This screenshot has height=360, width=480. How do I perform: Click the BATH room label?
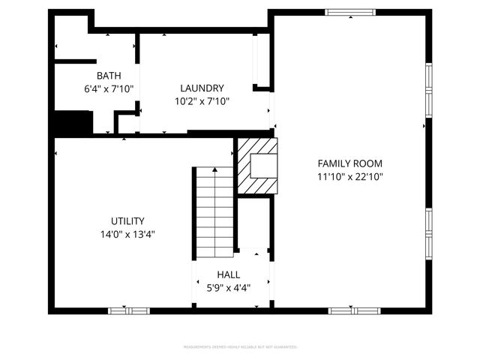[108, 75]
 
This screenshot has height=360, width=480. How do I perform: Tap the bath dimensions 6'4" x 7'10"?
[108, 88]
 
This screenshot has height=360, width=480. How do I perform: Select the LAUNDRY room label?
[202, 88]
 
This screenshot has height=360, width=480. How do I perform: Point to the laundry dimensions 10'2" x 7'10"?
[202, 101]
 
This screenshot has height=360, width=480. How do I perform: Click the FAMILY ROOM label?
[350, 163]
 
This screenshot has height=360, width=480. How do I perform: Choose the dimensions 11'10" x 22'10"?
[350, 177]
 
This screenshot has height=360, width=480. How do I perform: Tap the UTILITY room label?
[127, 220]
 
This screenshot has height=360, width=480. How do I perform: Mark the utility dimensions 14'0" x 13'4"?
[127, 234]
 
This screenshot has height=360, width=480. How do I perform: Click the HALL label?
[229, 274]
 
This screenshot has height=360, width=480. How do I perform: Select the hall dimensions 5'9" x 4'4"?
[229, 288]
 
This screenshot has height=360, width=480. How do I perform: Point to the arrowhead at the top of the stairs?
[215, 170]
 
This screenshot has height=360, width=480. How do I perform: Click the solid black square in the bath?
[72, 122]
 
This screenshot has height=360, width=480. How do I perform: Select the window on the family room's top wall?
[349, 12]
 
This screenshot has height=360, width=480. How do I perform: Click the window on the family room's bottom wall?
[354, 310]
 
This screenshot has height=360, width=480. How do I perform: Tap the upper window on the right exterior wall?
[429, 88]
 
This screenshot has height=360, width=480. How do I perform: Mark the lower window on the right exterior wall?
[429, 232]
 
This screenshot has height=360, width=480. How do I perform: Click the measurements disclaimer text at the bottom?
[240, 347]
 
